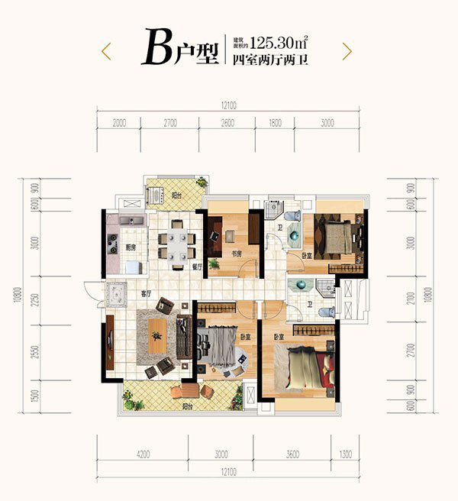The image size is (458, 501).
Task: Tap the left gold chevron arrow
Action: (x=107, y=50)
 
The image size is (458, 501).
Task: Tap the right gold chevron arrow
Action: (x=347, y=50)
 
